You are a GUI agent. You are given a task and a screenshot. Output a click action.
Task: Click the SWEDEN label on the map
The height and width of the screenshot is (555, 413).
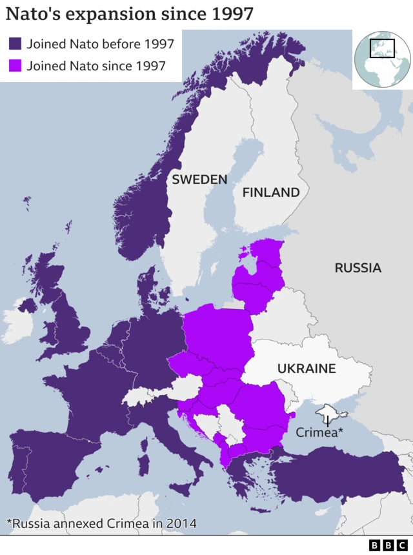pyautogui.click(x=199, y=179)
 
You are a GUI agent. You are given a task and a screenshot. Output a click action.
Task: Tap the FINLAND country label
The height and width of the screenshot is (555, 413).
pyautogui.click(x=271, y=192)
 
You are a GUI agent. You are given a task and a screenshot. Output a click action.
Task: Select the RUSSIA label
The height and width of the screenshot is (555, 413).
pyautogui.click(x=358, y=267)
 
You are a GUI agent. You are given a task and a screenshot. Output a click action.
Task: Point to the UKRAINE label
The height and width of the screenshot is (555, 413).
pyautogui.click(x=307, y=368)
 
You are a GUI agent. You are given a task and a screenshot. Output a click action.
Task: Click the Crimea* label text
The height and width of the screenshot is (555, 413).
pyautogui.click(x=317, y=432)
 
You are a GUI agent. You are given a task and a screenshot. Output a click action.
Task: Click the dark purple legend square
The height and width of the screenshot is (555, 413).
pyautogui.click(x=15, y=44)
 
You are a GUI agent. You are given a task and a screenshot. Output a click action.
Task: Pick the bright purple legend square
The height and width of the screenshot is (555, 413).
pyautogui.click(x=15, y=65)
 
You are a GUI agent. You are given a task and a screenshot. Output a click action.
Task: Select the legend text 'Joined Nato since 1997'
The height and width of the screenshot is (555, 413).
pyautogui.click(x=96, y=65)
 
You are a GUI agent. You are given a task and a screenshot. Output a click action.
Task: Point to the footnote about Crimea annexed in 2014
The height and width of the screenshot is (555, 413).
pyautogui.click(x=102, y=523)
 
